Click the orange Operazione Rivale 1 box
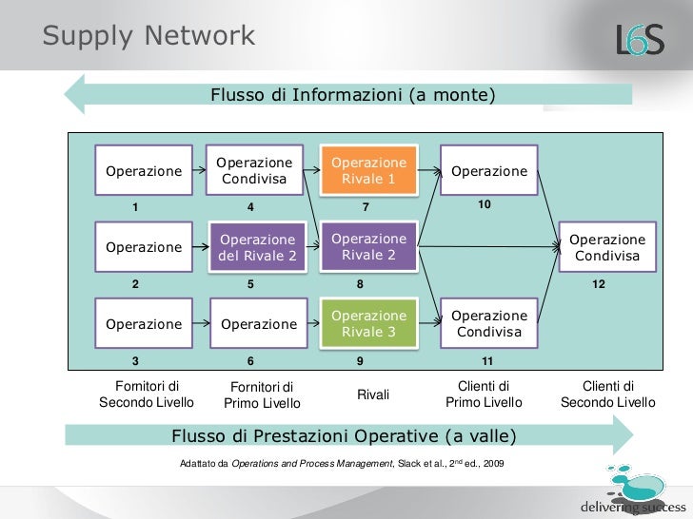pyautogui.click(x=368, y=171)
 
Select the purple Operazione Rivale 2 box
pyautogui.click(x=368, y=247)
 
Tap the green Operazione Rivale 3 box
pyautogui.click(x=368, y=323)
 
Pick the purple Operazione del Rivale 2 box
pyautogui.click(x=257, y=247)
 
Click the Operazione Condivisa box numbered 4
pyautogui.click(x=253, y=171)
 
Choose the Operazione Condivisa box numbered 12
pyautogui.click(x=606, y=247)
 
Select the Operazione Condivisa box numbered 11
pyautogui.click(x=488, y=323)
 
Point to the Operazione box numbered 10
pyautogui.click(x=488, y=171)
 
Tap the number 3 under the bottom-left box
pyautogui.click(x=135, y=361)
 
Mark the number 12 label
pyautogui.click(x=598, y=284)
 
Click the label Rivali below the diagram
pyautogui.click(x=373, y=394)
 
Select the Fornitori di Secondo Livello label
pyautogui.click(x=147, y=394)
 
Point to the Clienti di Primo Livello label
pyautogui.click(x=484, y=394)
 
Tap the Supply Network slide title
pyautogui.click(x=149, y=36)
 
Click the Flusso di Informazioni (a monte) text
pyautogui.click(x=352, y=95)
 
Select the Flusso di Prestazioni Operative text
pyautogui.click(x=344, y=436)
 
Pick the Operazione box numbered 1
pyautogui.click(x=144, y=171)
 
